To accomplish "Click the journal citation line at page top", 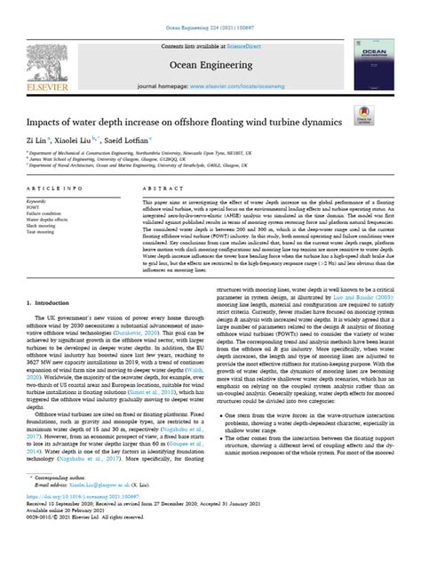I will pos(210,6).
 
